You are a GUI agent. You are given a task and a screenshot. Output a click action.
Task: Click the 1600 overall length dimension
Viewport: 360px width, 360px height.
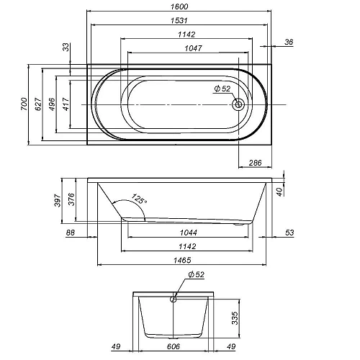(x=179, y=6)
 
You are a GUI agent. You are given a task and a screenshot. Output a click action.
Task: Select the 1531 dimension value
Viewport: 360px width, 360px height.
(x=179, y=20)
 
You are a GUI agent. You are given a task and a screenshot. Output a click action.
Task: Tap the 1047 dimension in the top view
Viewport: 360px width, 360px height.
(x=193, y=48)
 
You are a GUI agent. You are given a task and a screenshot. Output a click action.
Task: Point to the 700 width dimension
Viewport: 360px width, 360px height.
(x=24, y=104)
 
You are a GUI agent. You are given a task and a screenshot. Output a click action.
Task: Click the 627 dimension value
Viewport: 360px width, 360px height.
(x=38, y=104)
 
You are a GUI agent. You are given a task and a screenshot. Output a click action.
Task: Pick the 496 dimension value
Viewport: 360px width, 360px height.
(x=52, y=104)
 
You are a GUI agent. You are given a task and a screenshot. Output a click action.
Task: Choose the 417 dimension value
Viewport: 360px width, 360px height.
(x=66, y=104)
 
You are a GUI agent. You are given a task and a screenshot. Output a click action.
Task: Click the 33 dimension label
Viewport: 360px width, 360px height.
(x=66, y=47)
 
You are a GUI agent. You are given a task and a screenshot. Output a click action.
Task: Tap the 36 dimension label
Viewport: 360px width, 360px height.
(x=289, y=42)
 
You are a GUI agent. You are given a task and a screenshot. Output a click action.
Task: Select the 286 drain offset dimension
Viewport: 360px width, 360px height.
(x=255, y=163)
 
